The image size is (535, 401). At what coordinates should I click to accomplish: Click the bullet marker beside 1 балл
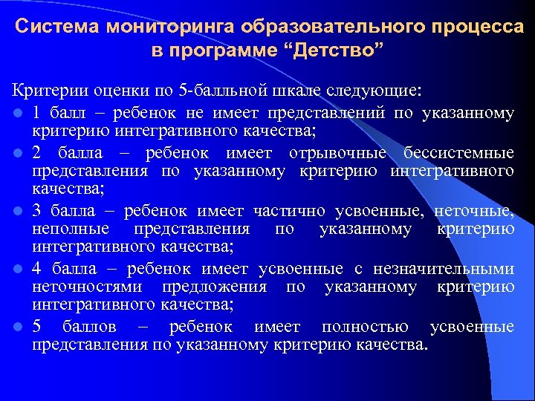16,114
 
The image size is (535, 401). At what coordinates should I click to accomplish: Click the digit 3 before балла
37,210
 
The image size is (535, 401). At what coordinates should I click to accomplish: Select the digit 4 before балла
37,268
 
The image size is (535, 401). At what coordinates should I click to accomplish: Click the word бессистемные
458,154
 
